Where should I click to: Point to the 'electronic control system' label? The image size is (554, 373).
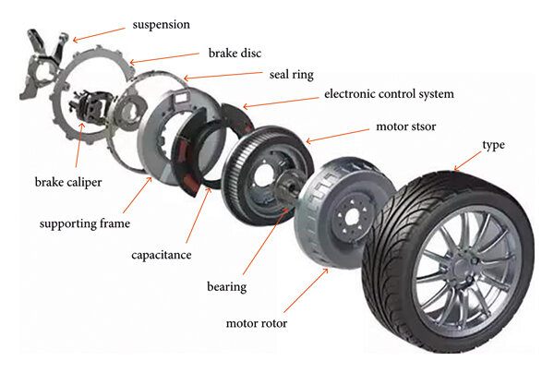(x=389, y=94)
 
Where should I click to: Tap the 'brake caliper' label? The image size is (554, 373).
(x=68, y=181)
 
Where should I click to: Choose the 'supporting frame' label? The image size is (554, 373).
(x=86, y=223)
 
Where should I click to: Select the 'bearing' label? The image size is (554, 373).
(x=225, y=287)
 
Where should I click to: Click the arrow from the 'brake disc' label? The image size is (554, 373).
(x=148, y=61)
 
